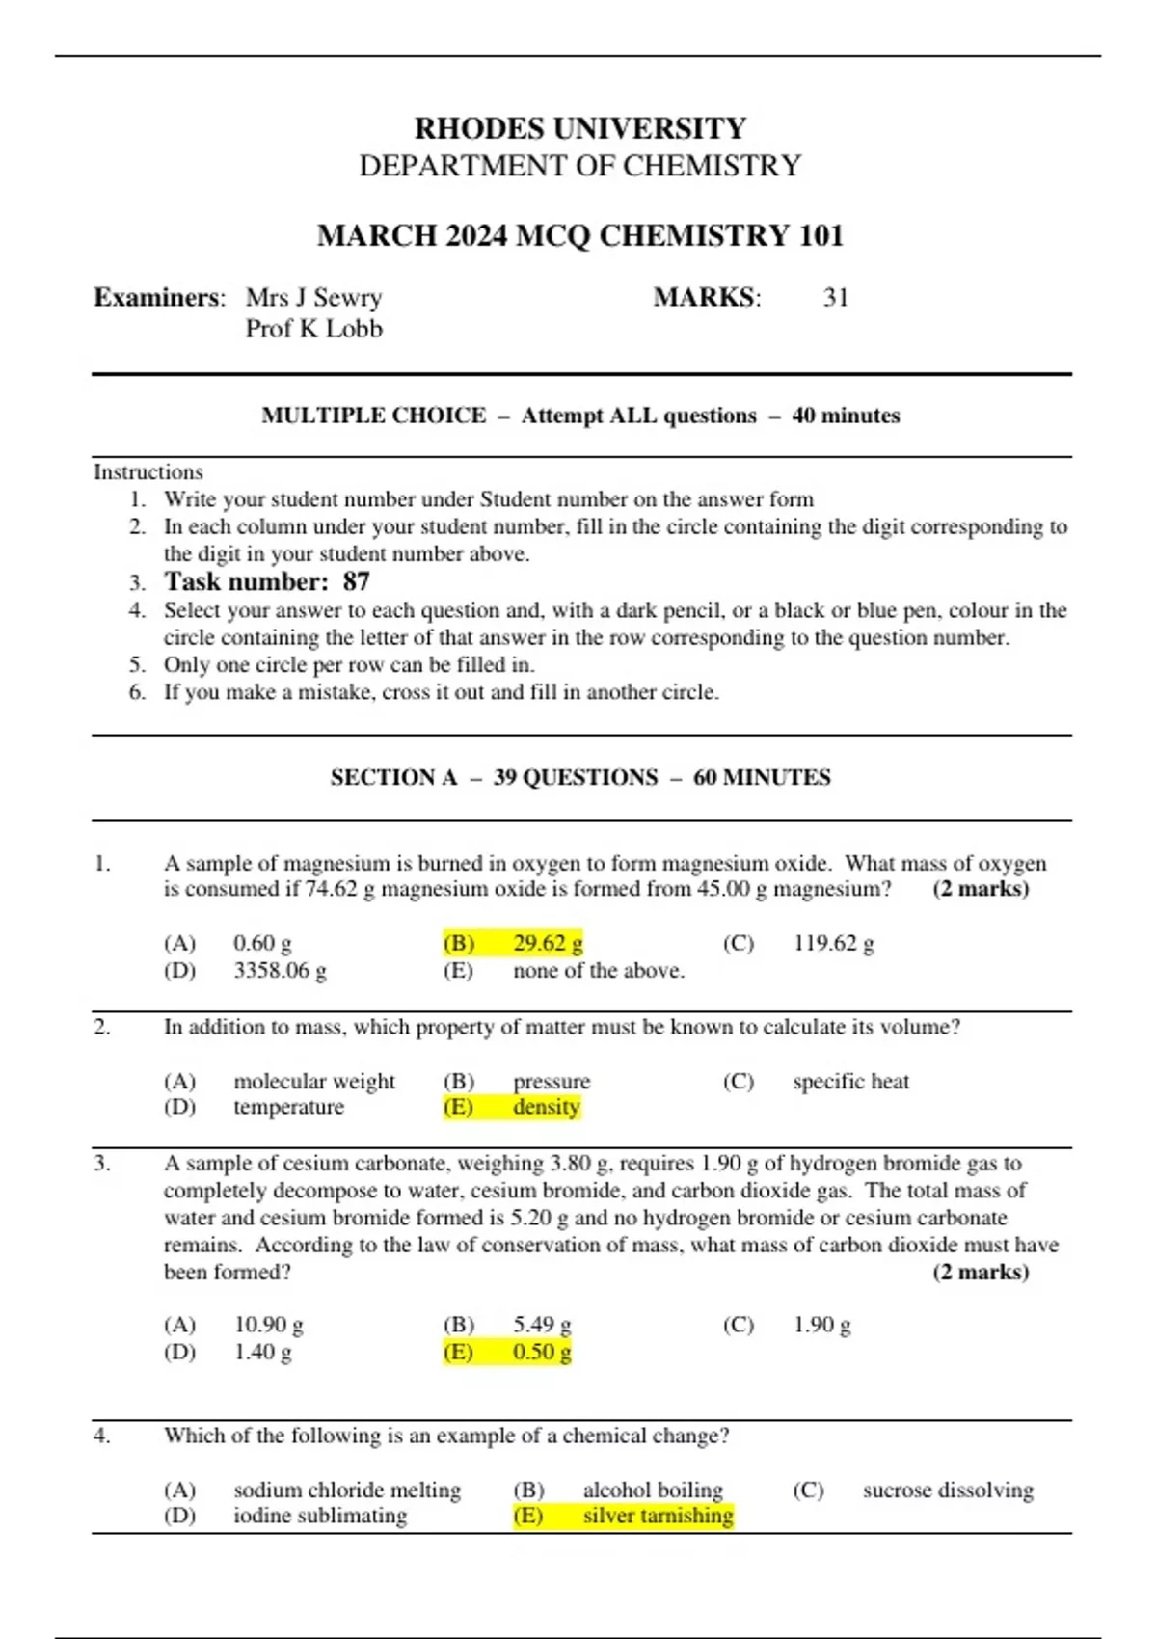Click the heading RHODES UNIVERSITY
click(579, 128)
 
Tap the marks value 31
click(835, 297)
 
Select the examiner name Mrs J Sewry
click(313, 297)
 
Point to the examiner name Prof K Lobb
click(313, 329)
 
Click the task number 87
click(356, 581)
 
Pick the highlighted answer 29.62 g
click(548, 943)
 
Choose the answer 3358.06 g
click(280, 970)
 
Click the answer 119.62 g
click(833, 943)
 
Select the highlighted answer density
click(546, 1107)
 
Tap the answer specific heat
click(850, 1081)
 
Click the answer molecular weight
click(314, 1081)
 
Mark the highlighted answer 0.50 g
click(542, 1352)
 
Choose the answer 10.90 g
click(268, 1325)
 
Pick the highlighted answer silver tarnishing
click(658, 1516)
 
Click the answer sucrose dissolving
click(948, 1490)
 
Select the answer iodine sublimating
click(320, 1516)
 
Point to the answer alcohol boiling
click(653, 1490)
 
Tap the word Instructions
click(148, 471)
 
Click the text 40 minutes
click(846, 416)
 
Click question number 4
click(102, 1436)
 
